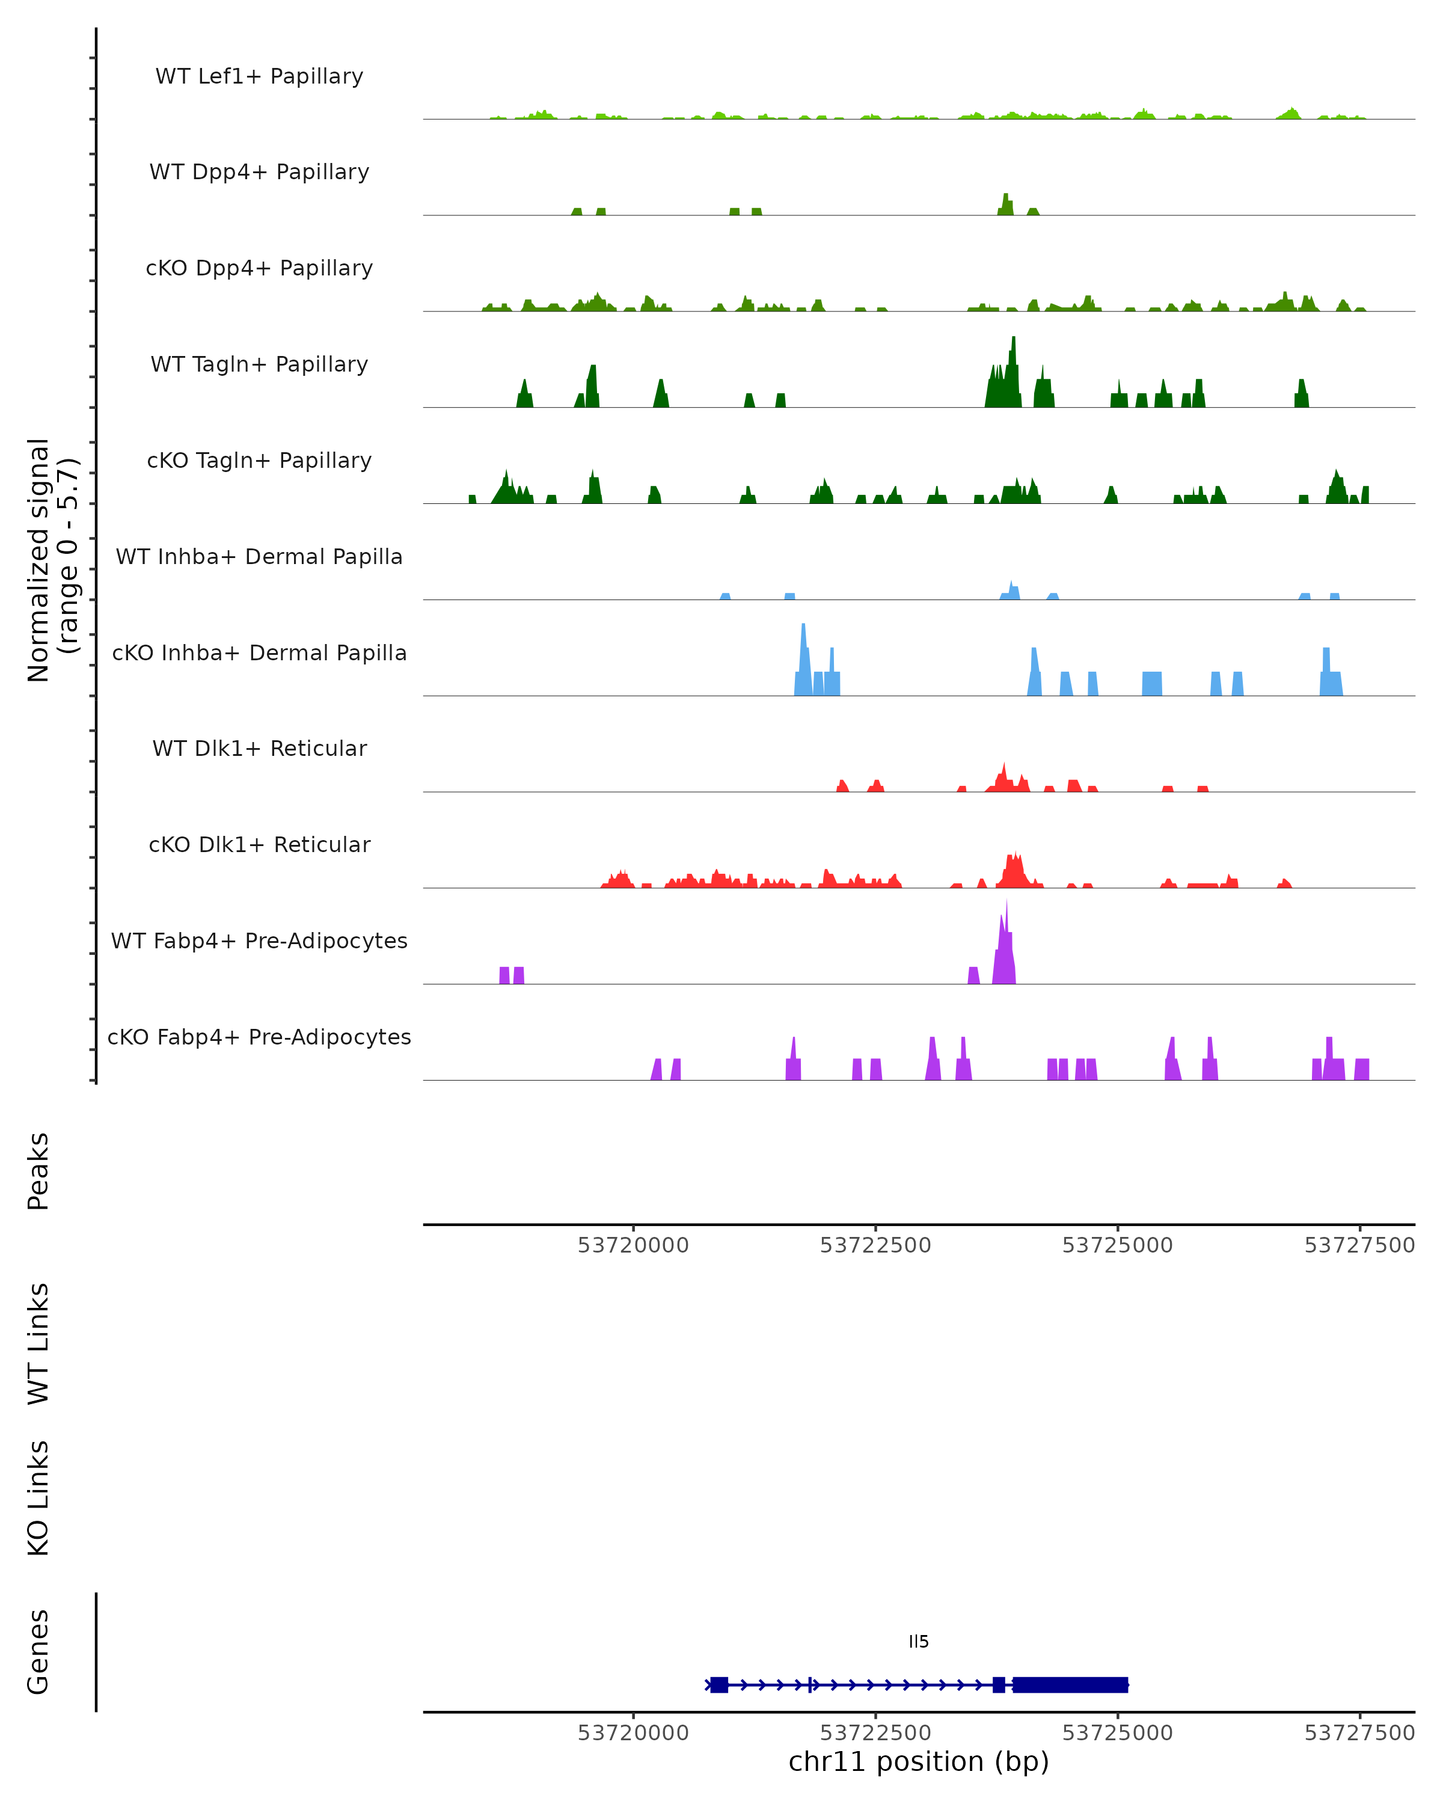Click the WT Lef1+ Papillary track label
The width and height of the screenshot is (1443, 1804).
click(259, 76)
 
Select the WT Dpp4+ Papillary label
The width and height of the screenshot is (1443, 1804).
click(259, 173)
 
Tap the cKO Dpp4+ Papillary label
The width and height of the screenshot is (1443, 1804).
click(259, 269)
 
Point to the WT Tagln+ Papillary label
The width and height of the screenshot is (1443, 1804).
click(259, 365)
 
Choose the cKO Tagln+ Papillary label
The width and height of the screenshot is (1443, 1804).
click(259, 461)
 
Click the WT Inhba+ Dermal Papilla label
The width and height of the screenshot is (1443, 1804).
click(259, 557)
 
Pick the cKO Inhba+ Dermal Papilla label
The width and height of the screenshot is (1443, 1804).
click(259, 654)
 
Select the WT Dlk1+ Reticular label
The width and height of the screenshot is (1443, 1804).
click(259, 749)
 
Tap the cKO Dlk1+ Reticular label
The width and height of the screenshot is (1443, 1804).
click(259, 845)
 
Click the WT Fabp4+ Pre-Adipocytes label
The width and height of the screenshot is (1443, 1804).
click(259, 941)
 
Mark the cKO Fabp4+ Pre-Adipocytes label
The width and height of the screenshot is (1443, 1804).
click(259, 1037)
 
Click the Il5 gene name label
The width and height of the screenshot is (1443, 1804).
click(919, 1642)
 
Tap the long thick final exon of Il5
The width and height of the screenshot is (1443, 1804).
click(1071, 1684)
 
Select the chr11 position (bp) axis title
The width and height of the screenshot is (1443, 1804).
click(919, 1762)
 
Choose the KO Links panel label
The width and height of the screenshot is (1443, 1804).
click(38, 1498)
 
